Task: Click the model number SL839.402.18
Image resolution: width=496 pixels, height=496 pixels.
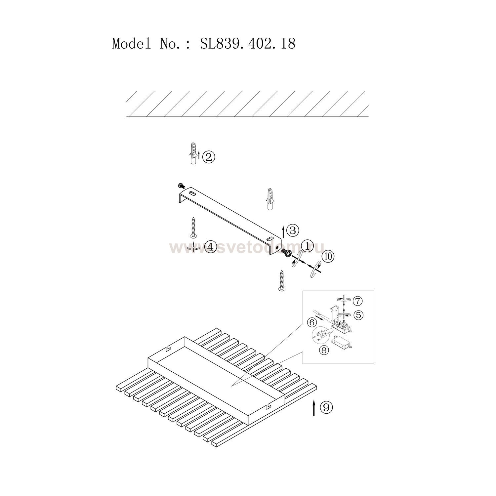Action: coord(248,44)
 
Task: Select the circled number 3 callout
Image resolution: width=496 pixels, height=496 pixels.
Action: coord(292,230)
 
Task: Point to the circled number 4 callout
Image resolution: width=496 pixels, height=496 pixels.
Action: coord(210,246)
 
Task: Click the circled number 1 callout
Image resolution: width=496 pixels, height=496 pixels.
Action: coord(307,246)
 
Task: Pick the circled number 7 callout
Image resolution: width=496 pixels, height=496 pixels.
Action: coord(357,301)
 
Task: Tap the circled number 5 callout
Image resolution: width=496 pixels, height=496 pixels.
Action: coord(357,315)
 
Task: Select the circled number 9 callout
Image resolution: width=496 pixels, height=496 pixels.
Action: coord(326,407)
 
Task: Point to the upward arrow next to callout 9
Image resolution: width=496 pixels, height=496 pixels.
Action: coord(314,407)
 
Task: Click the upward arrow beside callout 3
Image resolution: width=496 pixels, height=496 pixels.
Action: coord(283,231)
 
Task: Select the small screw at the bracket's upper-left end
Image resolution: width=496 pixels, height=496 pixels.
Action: coord(181,185)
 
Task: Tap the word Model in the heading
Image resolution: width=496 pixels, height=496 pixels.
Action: coord(132,44)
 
